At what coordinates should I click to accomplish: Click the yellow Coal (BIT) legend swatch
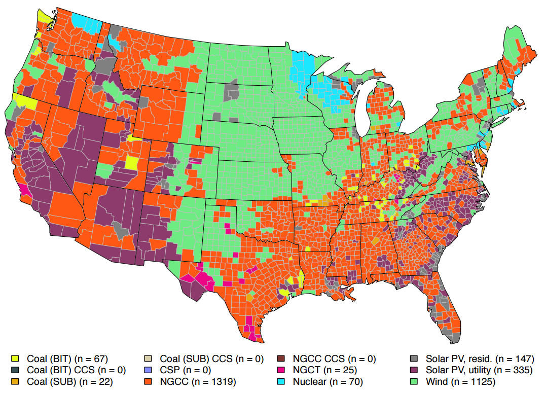tap(15, 359)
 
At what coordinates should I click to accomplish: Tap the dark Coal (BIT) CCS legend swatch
tap(15, 370)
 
